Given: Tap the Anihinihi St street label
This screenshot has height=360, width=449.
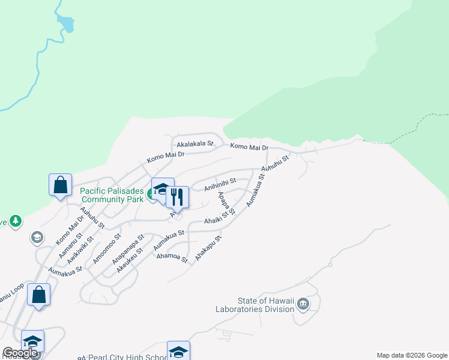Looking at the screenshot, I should coord(220,184).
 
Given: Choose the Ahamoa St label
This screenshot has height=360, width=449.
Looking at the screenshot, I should coord(172,257).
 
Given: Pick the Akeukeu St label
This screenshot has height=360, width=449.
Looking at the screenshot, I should coord(130,260).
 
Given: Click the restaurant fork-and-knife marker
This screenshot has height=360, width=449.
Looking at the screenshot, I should coord(177,196).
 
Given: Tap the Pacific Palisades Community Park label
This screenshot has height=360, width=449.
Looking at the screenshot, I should coord(112,195).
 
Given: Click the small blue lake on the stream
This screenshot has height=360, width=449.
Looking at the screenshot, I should coord(65,25).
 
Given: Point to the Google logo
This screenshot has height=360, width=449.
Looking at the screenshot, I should coord(20,353).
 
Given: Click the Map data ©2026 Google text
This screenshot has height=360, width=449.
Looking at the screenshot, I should coord(412,355).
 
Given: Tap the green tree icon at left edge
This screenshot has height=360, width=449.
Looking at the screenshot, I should coord(15,221).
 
